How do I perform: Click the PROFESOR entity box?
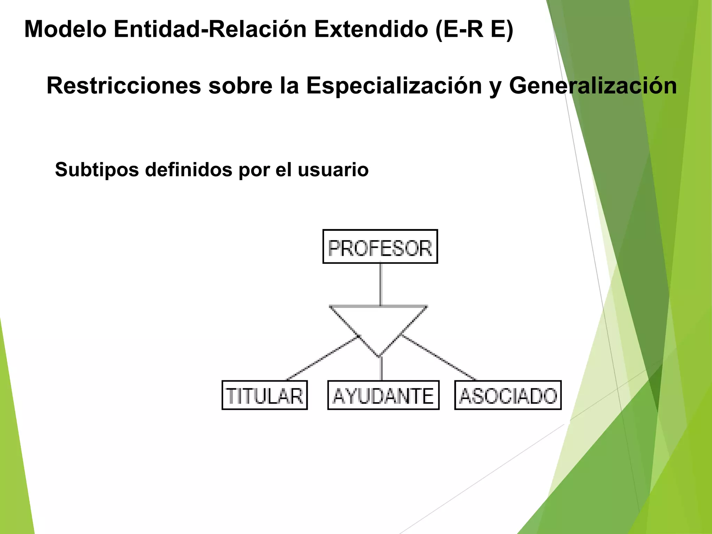(x=380, y=246)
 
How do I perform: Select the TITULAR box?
(x=265, y=395)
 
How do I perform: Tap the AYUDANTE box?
(x=383, y=395)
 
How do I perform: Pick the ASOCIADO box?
(x=508, y=395)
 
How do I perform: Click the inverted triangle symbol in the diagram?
(x=379, y=323)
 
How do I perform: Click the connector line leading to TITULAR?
(x=322, y=358)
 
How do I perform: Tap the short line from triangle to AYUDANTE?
(x=381, y=369)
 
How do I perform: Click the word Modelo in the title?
(x=65, y=29)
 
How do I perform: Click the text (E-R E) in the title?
(x=474, y=29)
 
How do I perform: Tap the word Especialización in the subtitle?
(x=394, y=86)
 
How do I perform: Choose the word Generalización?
(x=593, y=86)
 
